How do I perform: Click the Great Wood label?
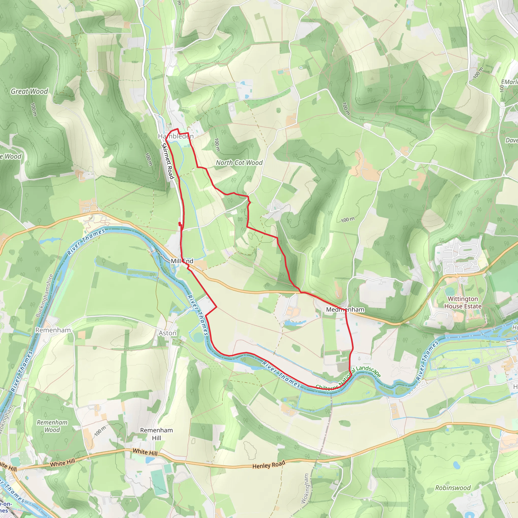point(29,91)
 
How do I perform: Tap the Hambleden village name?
point(176,136)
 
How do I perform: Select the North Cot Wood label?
point(239,163)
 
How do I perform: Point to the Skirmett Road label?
point(168,161)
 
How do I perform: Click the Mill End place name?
point(182,261)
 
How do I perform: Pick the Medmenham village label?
point(345,309)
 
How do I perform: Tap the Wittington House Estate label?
point(463,303)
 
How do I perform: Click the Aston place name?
point(168,333)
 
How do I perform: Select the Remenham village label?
point(53,330)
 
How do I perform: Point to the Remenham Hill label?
point(157,434)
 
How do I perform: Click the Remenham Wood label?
point(52,426)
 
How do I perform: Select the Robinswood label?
point(453,488)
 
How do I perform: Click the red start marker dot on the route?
point(180,223)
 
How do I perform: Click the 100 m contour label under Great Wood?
point(34,109)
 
